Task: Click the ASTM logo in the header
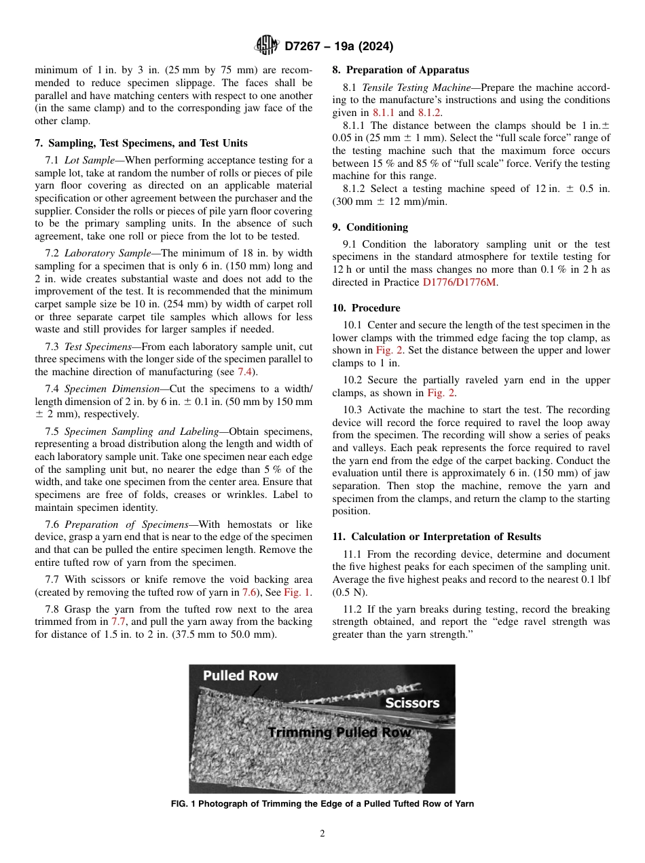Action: (x=266, y=45)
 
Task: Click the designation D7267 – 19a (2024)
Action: (x=339, y=46)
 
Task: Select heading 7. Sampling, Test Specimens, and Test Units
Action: (x=141, y=143)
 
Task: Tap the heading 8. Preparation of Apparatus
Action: (x=400, y=70)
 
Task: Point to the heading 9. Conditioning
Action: (x=370, y=227)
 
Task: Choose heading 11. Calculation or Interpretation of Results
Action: (x=436, y=537)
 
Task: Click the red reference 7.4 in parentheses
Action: (x=246, y=372)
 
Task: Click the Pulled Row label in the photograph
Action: (x=240, y=676)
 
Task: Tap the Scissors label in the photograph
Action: (x=412, y=703)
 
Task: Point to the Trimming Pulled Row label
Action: (x=339, y=733)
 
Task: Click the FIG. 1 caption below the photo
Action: (x=322, y=804)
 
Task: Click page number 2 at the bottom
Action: (x=322, y=834)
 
